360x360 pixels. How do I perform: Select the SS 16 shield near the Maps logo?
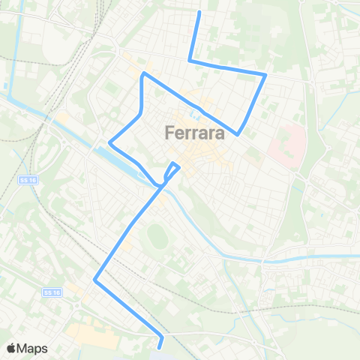(x=51, y=292)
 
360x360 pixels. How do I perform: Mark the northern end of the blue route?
(x=199, y=12)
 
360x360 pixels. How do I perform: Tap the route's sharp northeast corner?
(x=266, y=73)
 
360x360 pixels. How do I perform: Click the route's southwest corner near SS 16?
(x=94, y=280)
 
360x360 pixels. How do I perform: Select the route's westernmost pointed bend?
(x=110, y=141)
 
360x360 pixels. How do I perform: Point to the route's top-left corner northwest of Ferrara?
(x=143, y=73)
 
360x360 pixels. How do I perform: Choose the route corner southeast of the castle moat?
(x=238, y=134)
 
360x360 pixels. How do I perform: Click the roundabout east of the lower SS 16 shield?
(x=77, y=306)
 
